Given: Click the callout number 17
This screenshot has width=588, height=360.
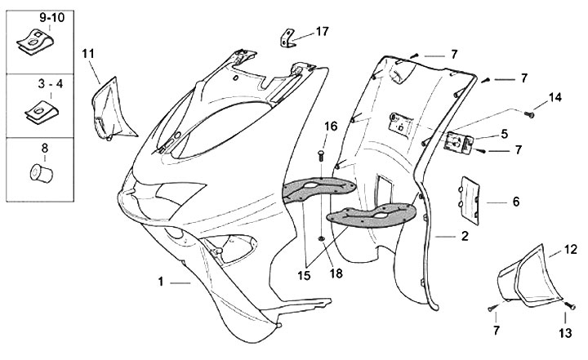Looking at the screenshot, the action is point(322,32).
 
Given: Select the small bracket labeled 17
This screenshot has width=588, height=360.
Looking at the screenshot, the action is point(287,38).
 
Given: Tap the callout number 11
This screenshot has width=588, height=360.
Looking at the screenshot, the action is point(88,54).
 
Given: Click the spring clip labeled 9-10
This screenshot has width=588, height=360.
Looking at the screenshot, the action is point(35,41).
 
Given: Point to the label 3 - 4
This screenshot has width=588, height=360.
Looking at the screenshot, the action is point(51,84).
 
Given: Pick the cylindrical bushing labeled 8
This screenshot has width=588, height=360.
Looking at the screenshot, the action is point(42,173).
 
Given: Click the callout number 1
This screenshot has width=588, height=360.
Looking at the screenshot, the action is point(161,282).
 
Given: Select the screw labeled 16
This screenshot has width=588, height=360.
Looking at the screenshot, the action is point(321,156).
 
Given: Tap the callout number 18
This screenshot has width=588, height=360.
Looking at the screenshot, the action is point(336,273).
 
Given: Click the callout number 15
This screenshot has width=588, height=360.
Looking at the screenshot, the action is point(304,276).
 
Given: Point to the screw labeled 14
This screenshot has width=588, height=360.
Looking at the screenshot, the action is point(529,113).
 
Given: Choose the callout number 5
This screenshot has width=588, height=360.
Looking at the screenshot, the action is point(505,134).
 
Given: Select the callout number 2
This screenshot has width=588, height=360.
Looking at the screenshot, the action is point(465,236).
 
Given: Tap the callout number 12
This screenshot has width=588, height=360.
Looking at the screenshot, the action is point(571,250).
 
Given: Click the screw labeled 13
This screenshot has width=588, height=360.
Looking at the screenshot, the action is point(570,306).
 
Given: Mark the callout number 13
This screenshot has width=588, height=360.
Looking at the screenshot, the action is point(566,332).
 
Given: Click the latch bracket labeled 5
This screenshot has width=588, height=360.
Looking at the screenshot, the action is point(458,143).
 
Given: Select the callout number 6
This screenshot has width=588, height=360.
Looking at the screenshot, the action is point(516,202).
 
